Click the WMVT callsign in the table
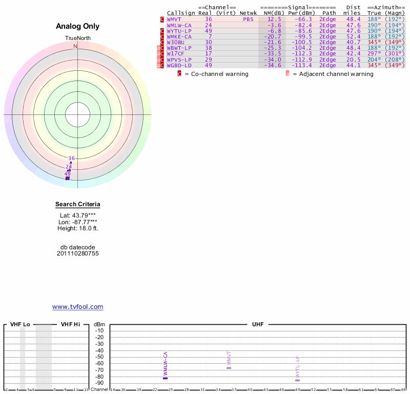tap(174, 19)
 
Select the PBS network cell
tap(248, 19)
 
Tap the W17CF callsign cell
tap(176, 53)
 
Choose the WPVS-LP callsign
tap(179, 59)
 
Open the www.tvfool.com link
tap(78, 307)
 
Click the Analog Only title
tap(77, 26)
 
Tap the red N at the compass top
tap(75, 46)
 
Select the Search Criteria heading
tap(78, 204)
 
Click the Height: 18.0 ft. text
tap(78, 228)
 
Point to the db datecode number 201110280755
tap(78, 253)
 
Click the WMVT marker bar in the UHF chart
tap(229, 368)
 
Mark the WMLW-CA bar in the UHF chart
tap(166, 378)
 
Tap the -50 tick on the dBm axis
tap(99, 357)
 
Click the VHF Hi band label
tap(70, 324)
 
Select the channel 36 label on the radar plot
tap(72, 158)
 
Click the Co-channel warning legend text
tap(216, 74)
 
